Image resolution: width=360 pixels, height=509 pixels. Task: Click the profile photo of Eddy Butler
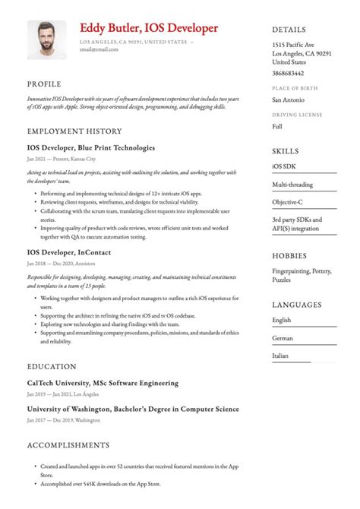[x=46, y=40]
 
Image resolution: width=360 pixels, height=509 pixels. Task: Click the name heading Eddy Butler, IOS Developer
[x=149, y=28]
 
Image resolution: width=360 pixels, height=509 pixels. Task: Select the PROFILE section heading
[x=45, y=84]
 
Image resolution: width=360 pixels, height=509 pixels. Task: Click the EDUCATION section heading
[x=51, y=365]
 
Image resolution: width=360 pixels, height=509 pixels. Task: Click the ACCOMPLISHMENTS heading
[x=68, y=444]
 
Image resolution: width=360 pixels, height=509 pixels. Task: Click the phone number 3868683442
[x=288, y=73]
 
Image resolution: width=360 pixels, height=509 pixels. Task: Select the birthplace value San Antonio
[x=288, y=100]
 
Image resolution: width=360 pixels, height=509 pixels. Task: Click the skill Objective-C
[x=288, y=204]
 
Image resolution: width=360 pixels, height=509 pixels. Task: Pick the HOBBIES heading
[x=290, y=254]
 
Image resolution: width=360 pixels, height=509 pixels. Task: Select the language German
[x=283, y=337]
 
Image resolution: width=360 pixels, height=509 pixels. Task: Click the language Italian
[x=281, y=355]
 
